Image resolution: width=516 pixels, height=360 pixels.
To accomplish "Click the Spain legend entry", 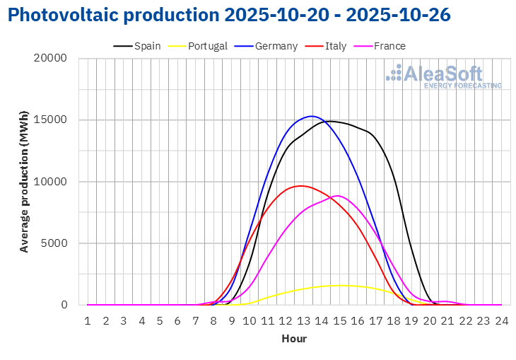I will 146,46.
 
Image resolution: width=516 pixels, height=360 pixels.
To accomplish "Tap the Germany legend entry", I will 276,46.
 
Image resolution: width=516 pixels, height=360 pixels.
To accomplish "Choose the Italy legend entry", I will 335,46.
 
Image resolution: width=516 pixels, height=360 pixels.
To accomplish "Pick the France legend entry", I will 389,46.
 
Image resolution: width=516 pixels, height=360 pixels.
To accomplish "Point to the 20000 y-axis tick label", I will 52,58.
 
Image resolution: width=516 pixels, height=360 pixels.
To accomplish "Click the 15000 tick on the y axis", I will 52,120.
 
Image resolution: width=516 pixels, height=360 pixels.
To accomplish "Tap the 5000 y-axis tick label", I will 54,243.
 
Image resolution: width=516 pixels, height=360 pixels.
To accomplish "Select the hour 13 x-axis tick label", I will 303,320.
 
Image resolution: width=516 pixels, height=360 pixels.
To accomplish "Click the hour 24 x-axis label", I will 501,320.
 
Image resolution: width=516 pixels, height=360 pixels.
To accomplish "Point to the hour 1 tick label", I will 88,320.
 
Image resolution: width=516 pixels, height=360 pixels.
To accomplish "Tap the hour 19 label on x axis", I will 411,320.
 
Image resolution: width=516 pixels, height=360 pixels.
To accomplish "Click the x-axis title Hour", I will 294,339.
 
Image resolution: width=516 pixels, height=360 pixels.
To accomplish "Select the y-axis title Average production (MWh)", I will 25,182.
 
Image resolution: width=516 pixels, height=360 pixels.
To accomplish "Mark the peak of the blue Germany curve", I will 312,116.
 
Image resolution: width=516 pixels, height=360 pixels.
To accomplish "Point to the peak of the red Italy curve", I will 302,186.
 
